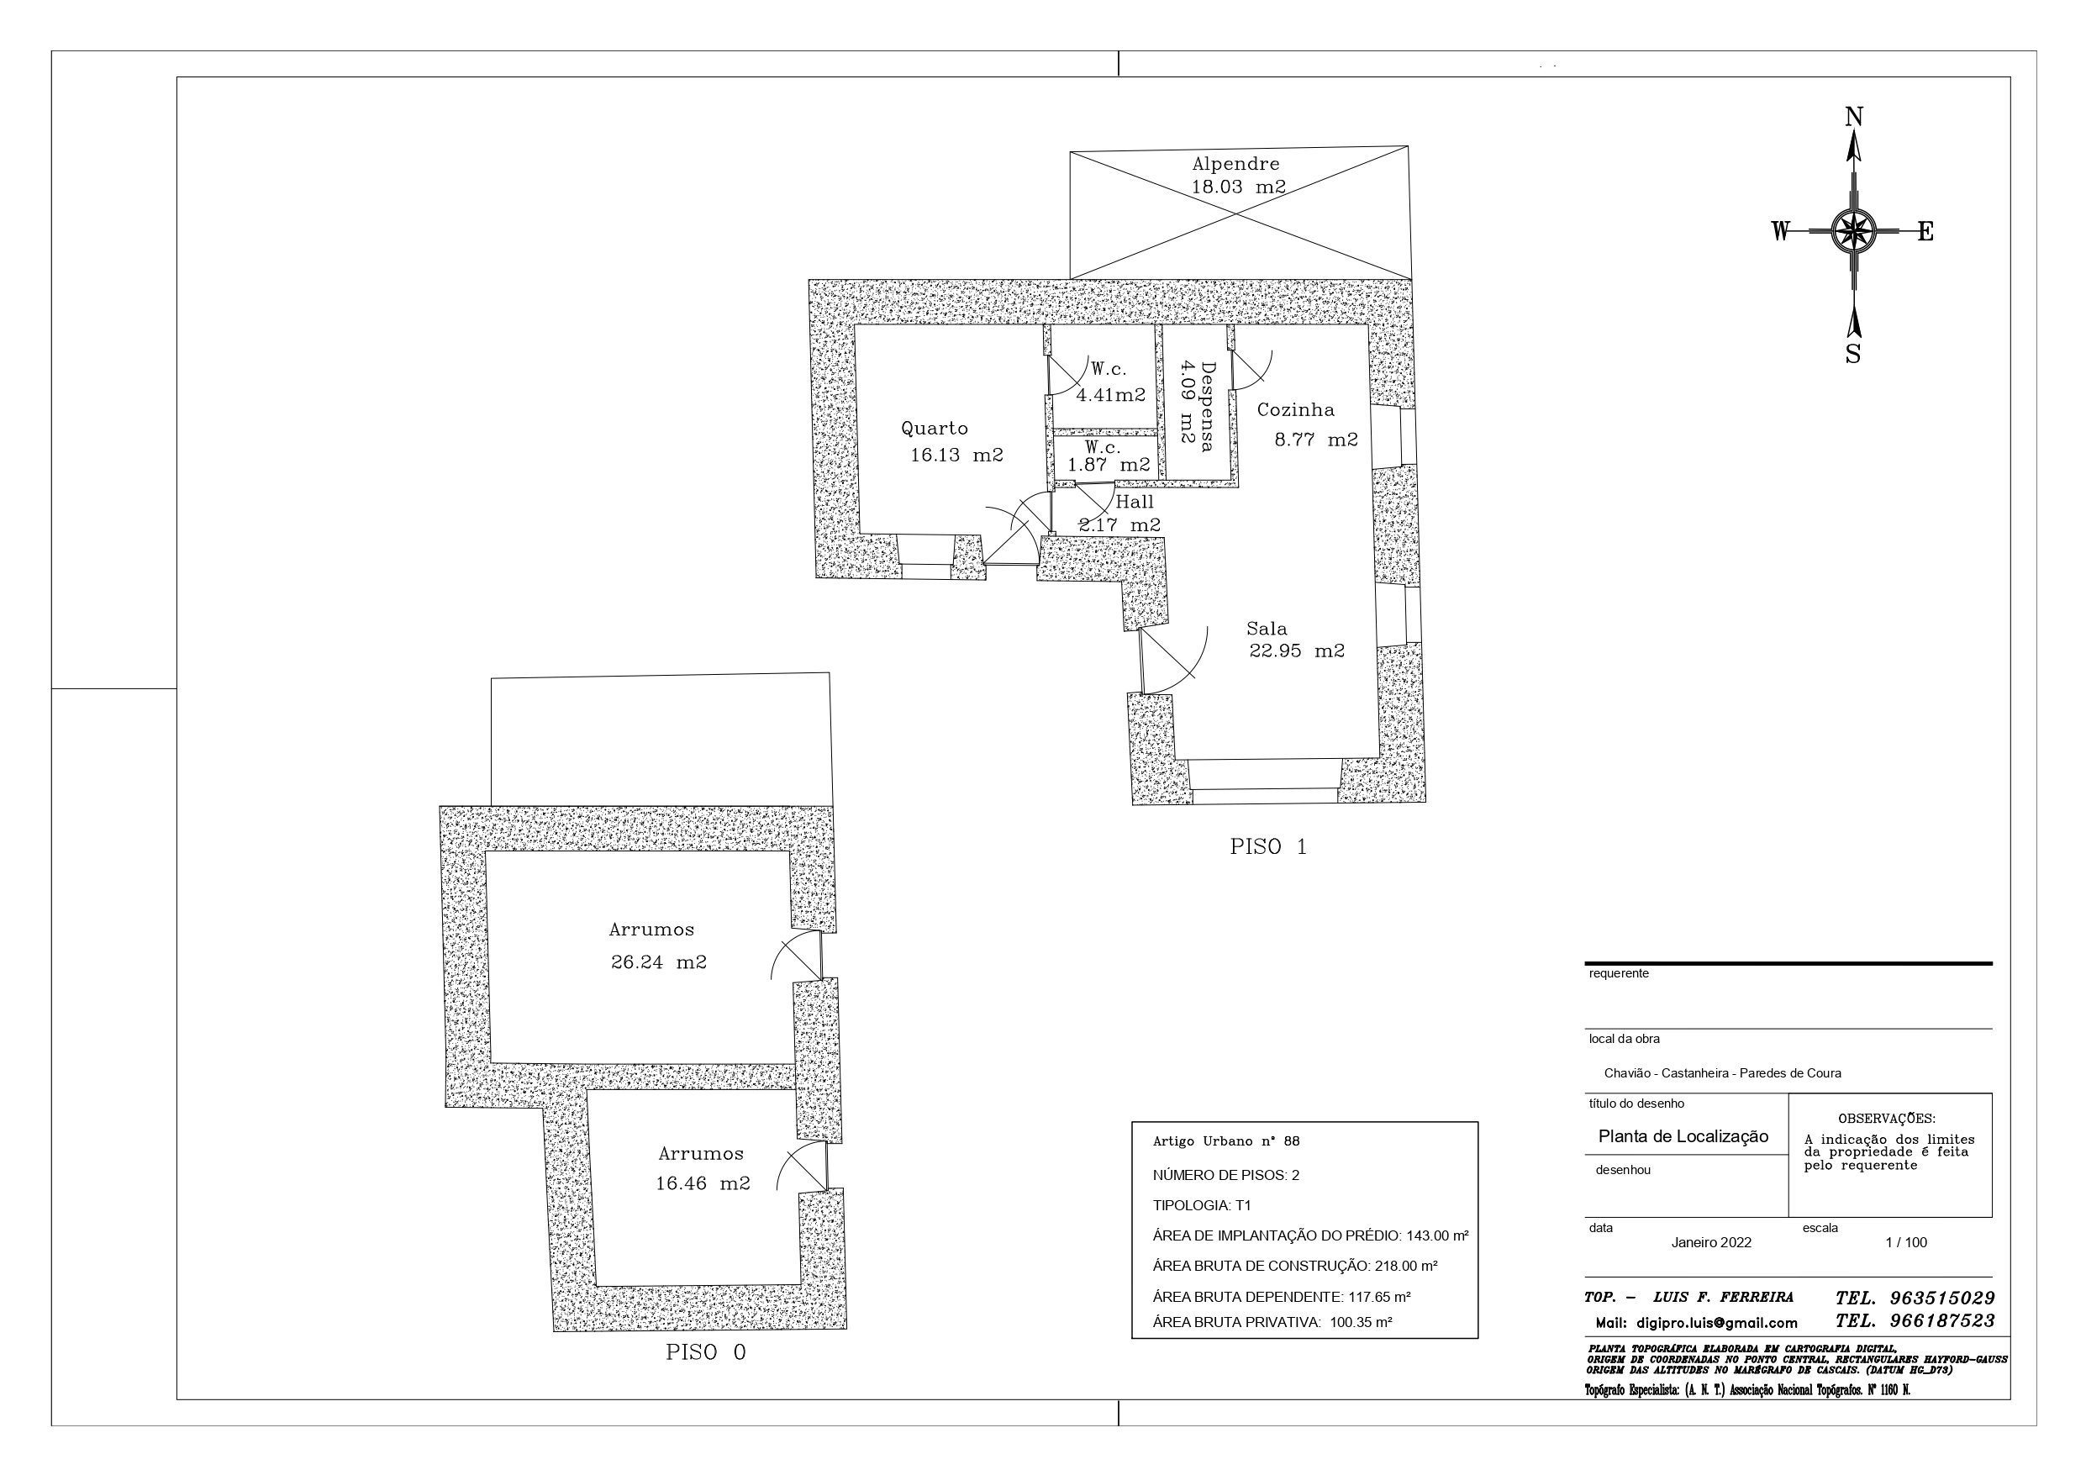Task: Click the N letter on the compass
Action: click(1854, 117)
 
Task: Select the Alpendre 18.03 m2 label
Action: click(1238, 176)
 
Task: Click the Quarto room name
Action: click(934, 428)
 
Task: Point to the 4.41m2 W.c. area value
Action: click(1110, 395)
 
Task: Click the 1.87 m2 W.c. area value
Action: click(1109, 466)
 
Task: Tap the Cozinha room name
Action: click(1296, 410)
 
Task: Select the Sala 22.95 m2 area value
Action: click(1297, 651)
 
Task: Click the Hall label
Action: click(1135, 502)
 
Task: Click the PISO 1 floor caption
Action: click(1268, 847)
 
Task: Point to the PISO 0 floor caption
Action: click(706, 1352)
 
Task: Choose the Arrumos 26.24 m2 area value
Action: click(659, 962)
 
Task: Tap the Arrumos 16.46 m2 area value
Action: click(703, 1184)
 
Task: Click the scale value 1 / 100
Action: click(1906, 1242)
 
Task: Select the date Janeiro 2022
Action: click(1712, 1242)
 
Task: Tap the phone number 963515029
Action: click(1942, 1299)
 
